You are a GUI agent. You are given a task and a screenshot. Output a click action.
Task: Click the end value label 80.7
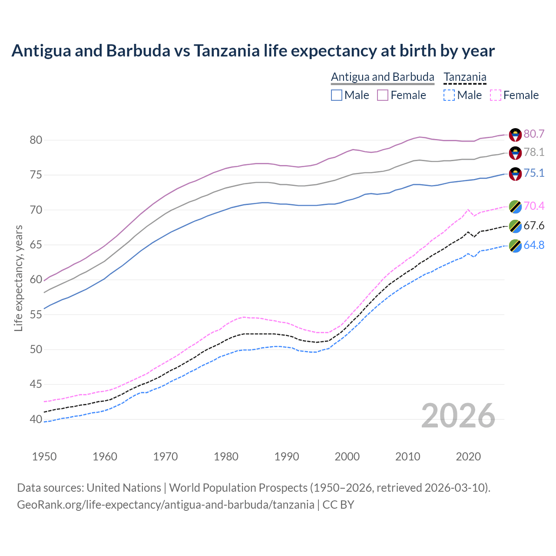click(x=534, y=134)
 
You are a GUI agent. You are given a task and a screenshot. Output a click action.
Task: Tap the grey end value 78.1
click(x=534, y=152)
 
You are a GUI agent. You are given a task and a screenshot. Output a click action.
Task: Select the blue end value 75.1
click(x=534, y=173)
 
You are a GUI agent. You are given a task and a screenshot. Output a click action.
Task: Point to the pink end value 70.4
click(x=534, y=206)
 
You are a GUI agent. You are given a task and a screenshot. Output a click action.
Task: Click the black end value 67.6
click(x=534, y=225)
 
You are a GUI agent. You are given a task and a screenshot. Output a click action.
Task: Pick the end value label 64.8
click(x=534, y=245)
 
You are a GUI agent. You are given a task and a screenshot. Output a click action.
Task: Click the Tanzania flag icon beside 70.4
click(x=515, y=206)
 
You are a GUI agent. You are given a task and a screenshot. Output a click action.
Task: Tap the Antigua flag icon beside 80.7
click(x=515, y=135)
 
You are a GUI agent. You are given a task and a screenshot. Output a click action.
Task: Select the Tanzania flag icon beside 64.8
click(x=515, y=245)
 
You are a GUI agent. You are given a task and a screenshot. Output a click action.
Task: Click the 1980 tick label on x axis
click(x=226, y=457)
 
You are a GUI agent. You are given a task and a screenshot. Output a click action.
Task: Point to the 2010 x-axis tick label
click(x=407, y=457)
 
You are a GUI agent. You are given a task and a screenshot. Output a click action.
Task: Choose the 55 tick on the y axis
click(x=36, y=314)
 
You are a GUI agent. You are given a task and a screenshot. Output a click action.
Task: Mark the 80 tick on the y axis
click(x=36, y=140)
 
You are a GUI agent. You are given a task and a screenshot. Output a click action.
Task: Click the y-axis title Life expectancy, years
click(x=18, y=278)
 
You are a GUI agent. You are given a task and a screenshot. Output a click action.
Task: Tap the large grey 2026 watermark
click(x=458, y=416)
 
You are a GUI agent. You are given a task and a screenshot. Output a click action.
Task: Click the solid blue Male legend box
click(x=337, y=95)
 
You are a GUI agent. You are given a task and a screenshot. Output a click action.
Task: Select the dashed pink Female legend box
click(x=496, y=95)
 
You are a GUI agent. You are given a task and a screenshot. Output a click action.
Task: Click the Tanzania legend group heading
click(x=465, y=77)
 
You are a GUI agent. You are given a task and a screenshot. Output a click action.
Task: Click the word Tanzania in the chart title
click(x=226, y=51)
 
